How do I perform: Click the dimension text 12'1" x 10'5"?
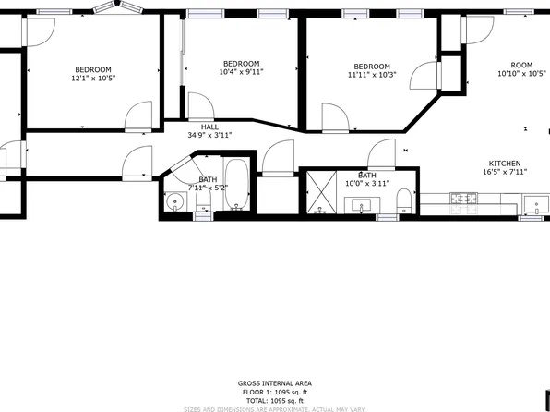(x=93, y=79)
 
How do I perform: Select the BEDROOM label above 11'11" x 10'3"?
(x=371, y=66)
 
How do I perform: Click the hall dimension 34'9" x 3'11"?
(x=209, y=135)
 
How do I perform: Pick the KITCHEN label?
(x=504, y=163)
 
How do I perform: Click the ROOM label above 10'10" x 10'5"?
(x=521, y=65)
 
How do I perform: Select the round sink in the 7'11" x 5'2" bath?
(x=175, y=200)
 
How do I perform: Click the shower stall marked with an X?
(x=319, y=191)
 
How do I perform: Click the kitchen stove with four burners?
(x=462, y=198)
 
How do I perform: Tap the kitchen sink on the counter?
(x=533, y=203)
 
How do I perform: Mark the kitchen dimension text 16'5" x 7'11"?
(x=504, y=172)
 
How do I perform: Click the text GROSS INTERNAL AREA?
(x=274, y=382)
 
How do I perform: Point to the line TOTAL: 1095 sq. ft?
(x=274, y=399)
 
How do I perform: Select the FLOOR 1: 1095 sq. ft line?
(x=274, y=391)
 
